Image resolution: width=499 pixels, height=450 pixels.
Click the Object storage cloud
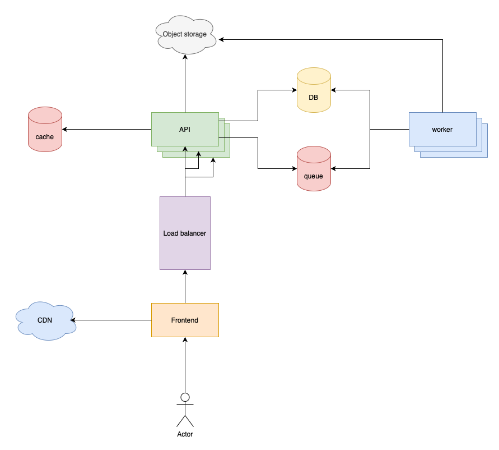tap(185, 35)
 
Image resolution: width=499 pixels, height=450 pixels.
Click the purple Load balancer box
tap(185, 233)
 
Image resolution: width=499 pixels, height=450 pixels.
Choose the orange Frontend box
tap(185, 320)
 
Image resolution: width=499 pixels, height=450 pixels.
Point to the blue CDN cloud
tap(45, 321)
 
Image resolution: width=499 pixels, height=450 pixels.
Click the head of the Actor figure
tap(185, 397)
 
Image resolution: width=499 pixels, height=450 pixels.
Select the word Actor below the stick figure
tap(185, 434)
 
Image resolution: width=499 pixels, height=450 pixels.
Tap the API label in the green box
tap(185, 129)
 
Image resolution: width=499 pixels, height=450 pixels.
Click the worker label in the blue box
tap(442, 130)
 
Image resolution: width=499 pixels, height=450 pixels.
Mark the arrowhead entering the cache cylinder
tap(65, 129)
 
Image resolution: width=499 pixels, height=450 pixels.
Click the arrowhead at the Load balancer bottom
tap(185, 273)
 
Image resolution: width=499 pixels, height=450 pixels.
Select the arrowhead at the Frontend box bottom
tap(185, 340)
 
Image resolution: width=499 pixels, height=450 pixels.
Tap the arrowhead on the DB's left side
tap(293, 90)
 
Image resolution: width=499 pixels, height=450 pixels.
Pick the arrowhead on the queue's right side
tap(334, 168)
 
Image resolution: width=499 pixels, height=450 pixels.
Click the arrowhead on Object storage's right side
tap(222, 39)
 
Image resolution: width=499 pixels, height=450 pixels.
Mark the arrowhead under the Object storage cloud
tap(185, 57)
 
